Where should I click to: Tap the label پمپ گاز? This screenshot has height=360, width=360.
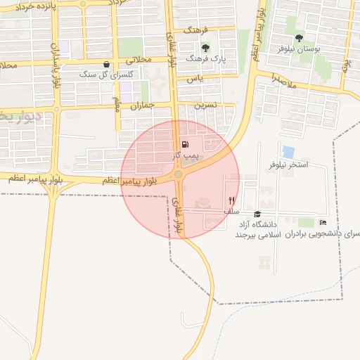pyautogui.click(x=188, y=153)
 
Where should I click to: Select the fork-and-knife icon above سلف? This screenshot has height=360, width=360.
pyautogui.click(x=231, y=200)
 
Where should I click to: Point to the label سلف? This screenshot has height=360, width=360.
pyautogui.click(x=231, y=211)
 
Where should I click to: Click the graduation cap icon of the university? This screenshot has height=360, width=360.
pyautogui.click(x=257, y=214)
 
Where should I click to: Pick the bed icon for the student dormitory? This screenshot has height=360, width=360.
pyautogui.click(x=323, y=223)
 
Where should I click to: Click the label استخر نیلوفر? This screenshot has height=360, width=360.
pyautogui.click(x=288, y=165)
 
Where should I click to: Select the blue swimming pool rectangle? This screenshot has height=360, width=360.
pyautogui.click(x=288, y=151)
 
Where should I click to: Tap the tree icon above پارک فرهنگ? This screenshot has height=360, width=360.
pyautogui.click(x=205, y=49)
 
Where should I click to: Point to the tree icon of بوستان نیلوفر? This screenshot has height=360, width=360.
pyautogui.click(x=300, y=38)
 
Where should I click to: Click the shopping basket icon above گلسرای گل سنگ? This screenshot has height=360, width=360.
pyautogui.click(x=105, y=64)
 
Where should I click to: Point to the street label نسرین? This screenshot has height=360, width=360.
pyautogui.click(x=205, y=105)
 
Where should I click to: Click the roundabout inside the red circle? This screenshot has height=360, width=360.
pyautogui.click(x=179, y=174)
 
